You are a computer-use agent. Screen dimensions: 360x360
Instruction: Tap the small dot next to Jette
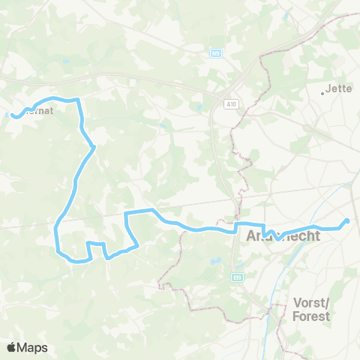coord(323,93)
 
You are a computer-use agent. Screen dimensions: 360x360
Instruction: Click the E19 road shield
coord(238,277)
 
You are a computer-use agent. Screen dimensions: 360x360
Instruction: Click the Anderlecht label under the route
coord(283,235)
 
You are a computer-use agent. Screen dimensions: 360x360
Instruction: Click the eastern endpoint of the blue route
coord(347,220)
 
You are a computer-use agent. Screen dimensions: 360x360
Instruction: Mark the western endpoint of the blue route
coord(13,115)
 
